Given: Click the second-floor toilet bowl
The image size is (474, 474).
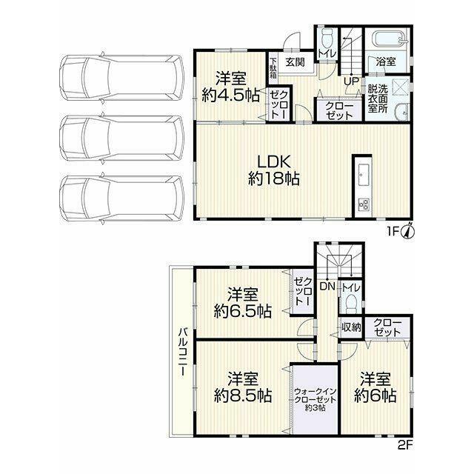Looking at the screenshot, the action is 350,304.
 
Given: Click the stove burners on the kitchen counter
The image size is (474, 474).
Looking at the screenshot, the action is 363,204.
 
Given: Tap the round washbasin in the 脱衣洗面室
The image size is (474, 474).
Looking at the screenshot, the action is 402,112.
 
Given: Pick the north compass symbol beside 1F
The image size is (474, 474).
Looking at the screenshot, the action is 408,231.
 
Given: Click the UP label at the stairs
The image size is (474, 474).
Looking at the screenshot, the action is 352,81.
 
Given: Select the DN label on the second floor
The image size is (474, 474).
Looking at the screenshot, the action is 327,287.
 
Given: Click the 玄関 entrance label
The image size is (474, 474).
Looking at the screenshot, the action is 295,62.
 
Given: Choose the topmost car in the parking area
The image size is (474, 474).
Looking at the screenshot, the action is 121,78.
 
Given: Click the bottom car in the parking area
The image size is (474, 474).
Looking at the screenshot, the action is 121,199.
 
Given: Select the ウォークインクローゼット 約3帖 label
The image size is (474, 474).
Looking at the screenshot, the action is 316,400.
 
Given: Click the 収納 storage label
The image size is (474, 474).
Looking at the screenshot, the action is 351,327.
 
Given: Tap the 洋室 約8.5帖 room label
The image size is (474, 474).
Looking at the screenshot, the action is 243,387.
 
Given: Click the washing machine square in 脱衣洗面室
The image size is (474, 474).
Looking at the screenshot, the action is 400,87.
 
